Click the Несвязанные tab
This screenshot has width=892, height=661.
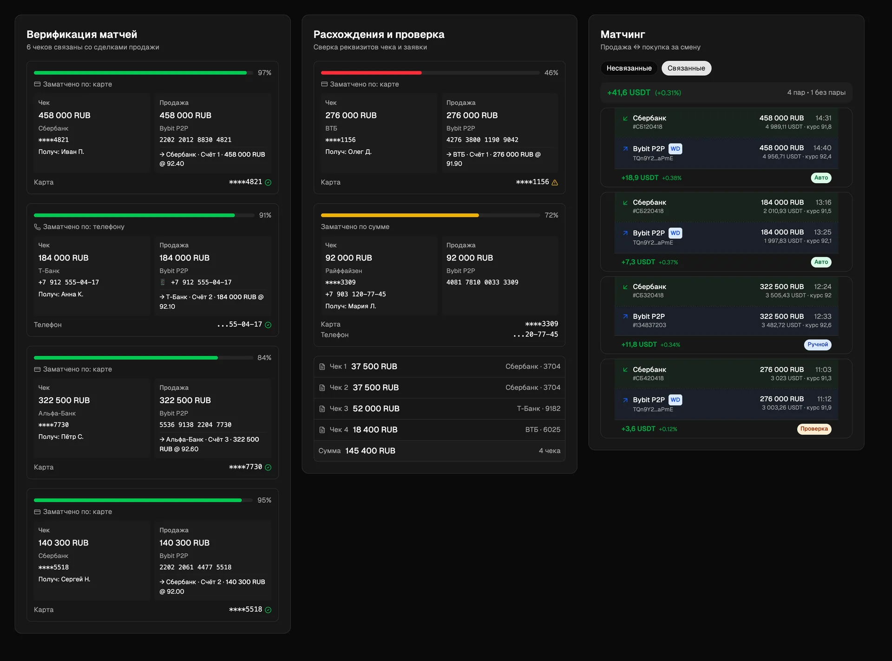[x=629, y=68]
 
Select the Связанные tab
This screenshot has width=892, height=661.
[x=686, y=68]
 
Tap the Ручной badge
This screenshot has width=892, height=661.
[x=818, y=344]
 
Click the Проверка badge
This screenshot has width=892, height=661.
[x=814, y=429]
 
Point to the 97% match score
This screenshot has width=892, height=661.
[x=264, y=73]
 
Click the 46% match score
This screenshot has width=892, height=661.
[x=551, y=73]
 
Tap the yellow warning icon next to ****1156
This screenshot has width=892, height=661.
[x=555, y=182]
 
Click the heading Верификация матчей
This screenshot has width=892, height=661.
[x=82, y=34]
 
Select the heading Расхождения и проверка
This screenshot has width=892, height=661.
[x=379, y=34]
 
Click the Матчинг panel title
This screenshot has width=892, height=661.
[x=623, y=34]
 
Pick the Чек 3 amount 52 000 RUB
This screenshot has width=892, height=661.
[x=376, y=409]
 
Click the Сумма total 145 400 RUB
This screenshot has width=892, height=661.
[x=370, y=451]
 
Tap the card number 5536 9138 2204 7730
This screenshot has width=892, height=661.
[x=195, y=425]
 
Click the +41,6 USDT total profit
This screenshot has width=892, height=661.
[x=629, y=93]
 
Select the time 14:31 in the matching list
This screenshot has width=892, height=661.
[x=823, y=118]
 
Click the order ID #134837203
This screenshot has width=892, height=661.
[x=649, y=325]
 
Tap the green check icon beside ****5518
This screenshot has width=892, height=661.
[x=268, y=610]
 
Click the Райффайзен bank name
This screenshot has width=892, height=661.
[x=344, y=271]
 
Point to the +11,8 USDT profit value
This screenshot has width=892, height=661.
[x=639, y=344]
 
